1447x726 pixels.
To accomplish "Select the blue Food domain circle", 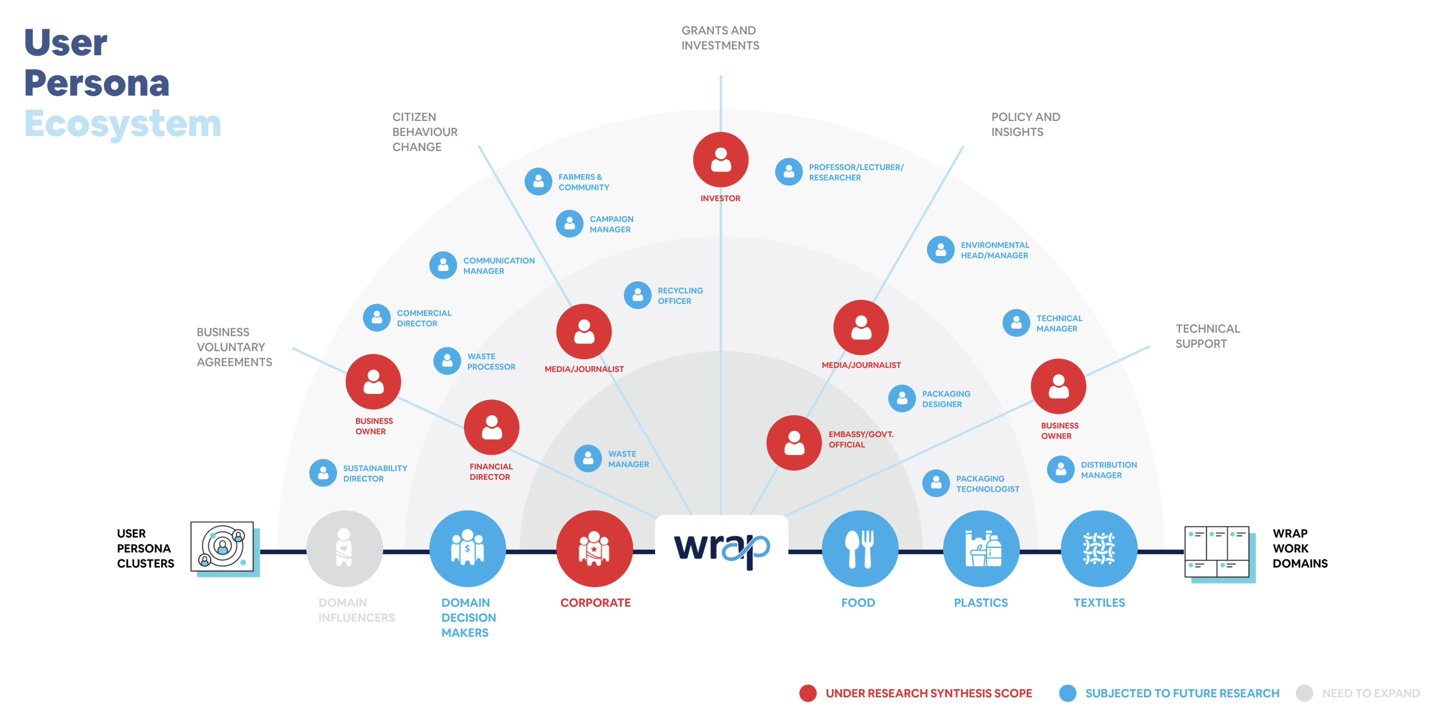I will pyautogui.click(x=859, y=548).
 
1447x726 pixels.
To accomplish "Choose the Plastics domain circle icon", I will pyautogui.click(x=981, y=548).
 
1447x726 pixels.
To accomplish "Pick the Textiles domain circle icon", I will pyautogui.click(x=1099, y=548).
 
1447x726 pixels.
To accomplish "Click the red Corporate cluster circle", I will pyautogui.click(x=594, y=548).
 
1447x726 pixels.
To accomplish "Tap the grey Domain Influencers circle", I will pyautogui.click(x=345, y=548).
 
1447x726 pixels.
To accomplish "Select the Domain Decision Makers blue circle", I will pyautogui.click(x=467, y=548).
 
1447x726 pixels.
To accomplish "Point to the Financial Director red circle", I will pyautogui.click(x=491, y=427).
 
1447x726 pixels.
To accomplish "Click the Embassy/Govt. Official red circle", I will pyautogui.click(x=794, y=443).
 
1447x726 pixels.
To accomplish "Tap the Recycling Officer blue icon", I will pyautogui.click(x=638, y=295).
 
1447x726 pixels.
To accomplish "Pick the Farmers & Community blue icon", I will pyautogui.click(x=538, y=181).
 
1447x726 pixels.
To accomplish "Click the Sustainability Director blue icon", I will pyautogui.click(x=323, y=473).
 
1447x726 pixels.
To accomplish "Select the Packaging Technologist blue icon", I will pyautogui.click(x=936, y=483).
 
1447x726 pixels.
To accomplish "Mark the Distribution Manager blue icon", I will pyautogui.click(x=1061, y=469).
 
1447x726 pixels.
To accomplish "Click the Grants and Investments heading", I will pyautogui.click(x=720, y=37).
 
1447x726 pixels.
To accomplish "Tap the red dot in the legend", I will pyautogui.click(x=808, y=693).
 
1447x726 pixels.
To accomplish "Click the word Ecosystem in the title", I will pyautogui.click(x=122, y=124).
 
